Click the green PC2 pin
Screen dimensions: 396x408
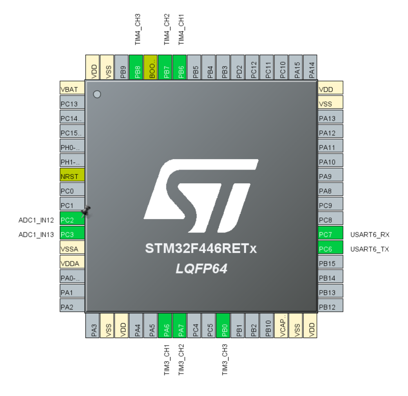click(72, 220)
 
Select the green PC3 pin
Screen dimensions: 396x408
click(72, 235)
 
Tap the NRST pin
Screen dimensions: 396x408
click(72, 177)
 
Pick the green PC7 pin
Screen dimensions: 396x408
click(330, 235)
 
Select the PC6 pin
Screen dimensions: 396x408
click(330, 249)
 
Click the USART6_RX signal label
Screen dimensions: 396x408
click(370, 235)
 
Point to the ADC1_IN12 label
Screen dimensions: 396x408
click(36, 220)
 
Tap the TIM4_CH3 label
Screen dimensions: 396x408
click(138, 29)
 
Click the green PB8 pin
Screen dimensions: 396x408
click(136, 67)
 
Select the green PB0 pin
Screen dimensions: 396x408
click(223, 325)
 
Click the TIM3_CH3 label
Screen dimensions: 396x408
click(225, 359)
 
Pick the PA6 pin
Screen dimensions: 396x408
click(165, 325)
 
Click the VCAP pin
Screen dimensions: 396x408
click(281, 325)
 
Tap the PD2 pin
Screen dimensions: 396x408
click(238, 67)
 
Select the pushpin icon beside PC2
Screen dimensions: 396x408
click(86, 211)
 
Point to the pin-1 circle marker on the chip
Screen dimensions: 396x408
click(97, 94)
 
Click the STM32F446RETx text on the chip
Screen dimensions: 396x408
click(201, 248)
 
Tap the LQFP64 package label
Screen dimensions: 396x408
click(201, 269)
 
